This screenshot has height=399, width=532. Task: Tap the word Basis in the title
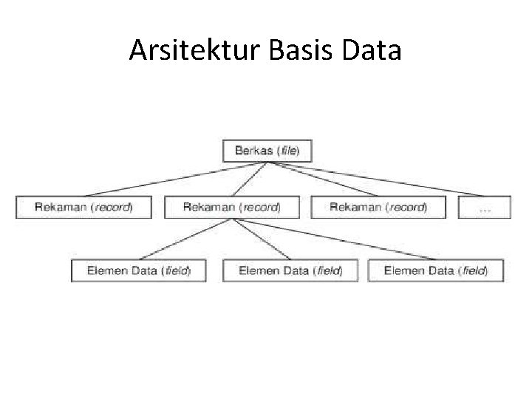[x=304, y=50]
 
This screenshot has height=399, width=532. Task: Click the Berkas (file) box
[x=267, y=151]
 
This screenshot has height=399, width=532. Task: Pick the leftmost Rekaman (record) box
[x=83, y=207]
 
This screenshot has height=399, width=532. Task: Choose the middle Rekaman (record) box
[x=231, y=207]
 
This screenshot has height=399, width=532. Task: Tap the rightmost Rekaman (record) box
[x=378, y=207]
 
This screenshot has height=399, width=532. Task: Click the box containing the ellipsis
[x=484, y=208]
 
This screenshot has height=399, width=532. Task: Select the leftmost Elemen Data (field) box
[x=138, y=270]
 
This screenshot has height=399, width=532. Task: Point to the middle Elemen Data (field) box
[x=290, y=270]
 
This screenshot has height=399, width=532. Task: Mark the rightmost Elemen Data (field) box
[x=435, y=270]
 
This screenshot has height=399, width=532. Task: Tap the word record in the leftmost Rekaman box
[x=112, y=207]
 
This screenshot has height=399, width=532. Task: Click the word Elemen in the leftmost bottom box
[x=107, y=270]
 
